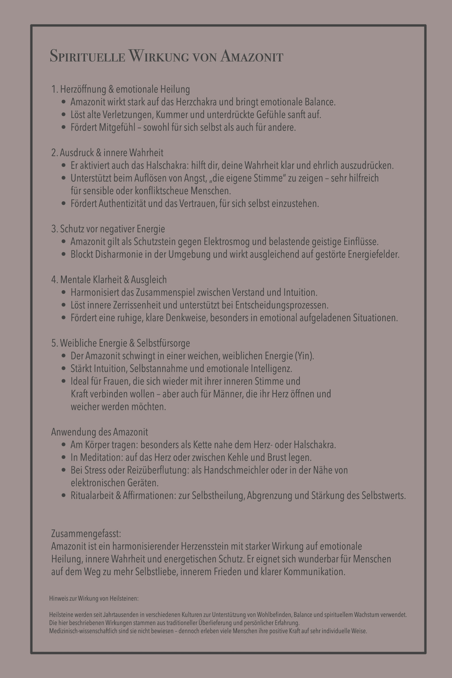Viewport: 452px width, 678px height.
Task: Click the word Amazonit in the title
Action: pos(252,56)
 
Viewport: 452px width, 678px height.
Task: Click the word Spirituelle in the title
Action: pos(87,56)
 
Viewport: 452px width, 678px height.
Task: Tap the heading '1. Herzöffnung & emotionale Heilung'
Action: pos(121,89)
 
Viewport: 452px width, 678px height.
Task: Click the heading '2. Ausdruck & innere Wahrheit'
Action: pos(107,153)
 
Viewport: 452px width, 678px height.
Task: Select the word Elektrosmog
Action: pos(227,242)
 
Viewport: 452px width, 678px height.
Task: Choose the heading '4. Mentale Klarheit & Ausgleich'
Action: pos(109,280)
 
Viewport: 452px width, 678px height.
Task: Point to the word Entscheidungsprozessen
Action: pos(282,305)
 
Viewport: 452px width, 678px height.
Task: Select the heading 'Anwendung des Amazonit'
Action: pos(100,432)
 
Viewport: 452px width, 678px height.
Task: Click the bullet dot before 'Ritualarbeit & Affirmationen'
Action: pos(64,495)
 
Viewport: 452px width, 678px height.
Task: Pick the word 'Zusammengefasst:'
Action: pos(86,534)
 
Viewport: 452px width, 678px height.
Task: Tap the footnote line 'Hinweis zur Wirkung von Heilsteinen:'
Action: pos(94,598)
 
